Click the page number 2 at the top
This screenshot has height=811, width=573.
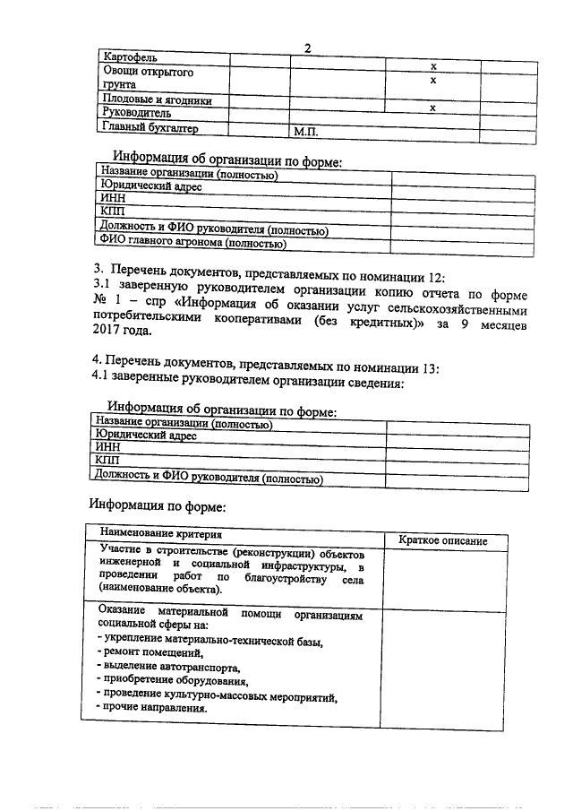tap(308, 48)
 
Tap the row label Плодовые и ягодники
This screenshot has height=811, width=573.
tap(157, 100)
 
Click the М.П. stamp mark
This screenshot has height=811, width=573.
tap(306, 132)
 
